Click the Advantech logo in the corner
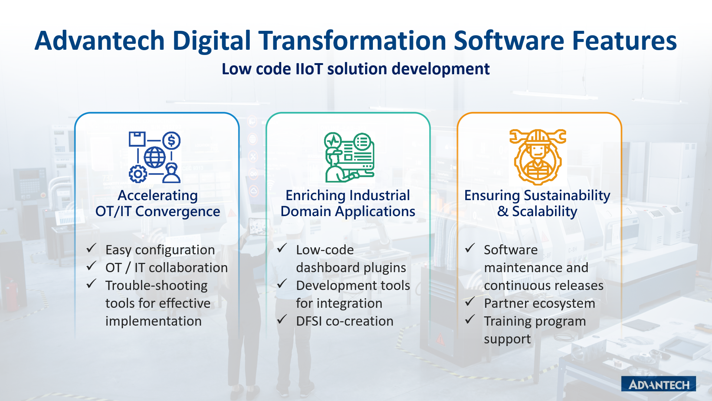[x=658, y=384]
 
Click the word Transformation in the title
[x=352, y=40]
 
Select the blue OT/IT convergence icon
[x=155, y=157]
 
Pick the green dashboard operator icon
[x=349, y=157]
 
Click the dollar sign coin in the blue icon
[x=171, y=141]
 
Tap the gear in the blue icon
[x=138, y=174]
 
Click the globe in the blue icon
[x=155, y=157]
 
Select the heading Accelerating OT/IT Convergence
[x=158, y=203]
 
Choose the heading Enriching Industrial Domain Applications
[x=348, y=203]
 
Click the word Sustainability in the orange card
[x=567, y=196]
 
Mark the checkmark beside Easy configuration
[x=92, y=248]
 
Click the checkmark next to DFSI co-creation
[x=282, y=319]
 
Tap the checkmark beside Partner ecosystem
[x=470, y=301]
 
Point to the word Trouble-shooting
[x=157, y=286]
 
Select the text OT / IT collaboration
[x=167, y=268]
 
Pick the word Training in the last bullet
[x=508, y=322]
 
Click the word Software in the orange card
[x=511, y=250]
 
